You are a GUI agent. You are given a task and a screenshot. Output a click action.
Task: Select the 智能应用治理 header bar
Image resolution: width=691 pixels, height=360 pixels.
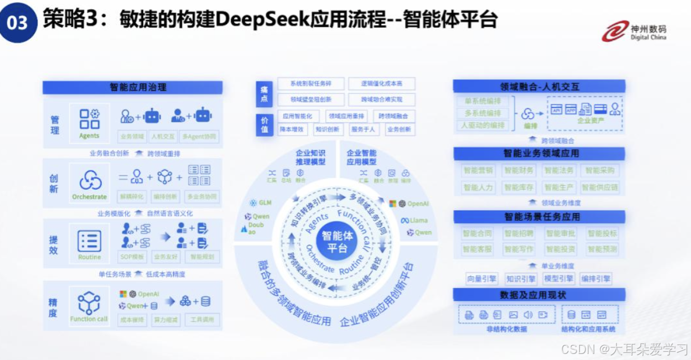point(133,87)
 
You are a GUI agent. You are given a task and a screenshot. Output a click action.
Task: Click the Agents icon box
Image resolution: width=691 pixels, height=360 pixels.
point(89,123)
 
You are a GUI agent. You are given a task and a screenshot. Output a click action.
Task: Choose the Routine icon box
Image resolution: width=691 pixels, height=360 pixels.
point(90,244)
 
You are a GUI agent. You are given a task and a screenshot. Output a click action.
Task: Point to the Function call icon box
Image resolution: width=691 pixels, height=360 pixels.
point(89,305)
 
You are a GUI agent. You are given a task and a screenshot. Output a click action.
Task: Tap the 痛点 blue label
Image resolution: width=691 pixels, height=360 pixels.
point(264,95)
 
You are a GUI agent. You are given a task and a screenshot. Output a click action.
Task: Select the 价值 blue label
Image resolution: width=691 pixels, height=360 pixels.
point(264,124)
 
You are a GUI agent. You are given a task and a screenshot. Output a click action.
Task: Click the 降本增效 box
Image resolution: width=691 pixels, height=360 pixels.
point(292,129)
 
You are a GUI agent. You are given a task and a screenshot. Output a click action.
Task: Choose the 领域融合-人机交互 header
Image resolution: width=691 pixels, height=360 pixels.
point(539,87)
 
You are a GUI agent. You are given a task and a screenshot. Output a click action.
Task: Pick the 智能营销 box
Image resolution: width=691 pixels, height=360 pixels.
point(479,171)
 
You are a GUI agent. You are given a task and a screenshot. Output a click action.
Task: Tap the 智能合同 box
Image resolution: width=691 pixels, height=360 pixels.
point(477,234)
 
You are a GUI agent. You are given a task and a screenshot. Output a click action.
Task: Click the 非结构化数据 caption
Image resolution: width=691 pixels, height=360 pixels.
point(507,329)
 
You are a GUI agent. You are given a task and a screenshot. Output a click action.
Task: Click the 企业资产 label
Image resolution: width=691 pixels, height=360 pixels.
point(591,120)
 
